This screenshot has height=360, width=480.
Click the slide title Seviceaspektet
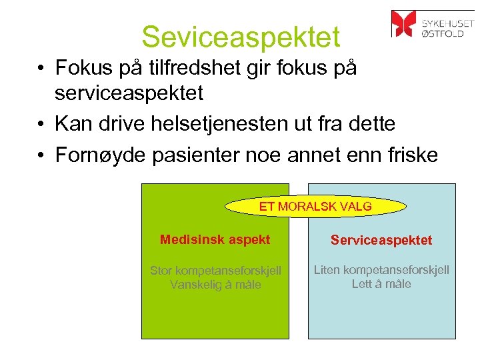coord(241,37)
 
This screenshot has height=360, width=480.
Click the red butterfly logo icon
coord(403,23)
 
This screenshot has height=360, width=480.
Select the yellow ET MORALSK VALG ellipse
coord(315,207)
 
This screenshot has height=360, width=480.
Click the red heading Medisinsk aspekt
coord(215,239)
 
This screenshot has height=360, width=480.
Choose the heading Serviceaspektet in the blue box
coord(382,240)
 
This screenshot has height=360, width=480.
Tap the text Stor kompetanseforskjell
coord(215,271)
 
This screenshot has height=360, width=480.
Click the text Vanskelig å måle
coord(215,285)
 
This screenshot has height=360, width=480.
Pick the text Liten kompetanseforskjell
coord(382,270)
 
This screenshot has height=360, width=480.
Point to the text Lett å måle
coord(382,284)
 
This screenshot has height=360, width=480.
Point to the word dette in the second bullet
coord(371,124)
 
